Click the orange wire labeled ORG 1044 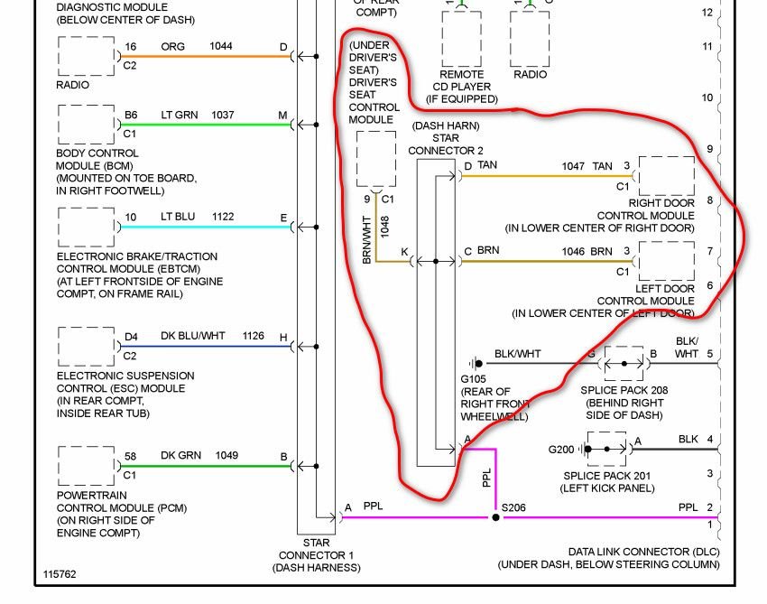(x=206, y=56)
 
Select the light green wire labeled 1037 (x=206, y=125)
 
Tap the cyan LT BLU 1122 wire (x=206, y=228)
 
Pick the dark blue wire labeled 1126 (x=206, y=347)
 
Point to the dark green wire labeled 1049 (x=206, y=466)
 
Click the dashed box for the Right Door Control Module (x=666, y=157)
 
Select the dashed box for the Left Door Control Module (x=666, y=242)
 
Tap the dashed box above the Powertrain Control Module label (x=86, y=447)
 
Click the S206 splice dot (x=495, y=517)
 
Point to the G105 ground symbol (x=476, y=363)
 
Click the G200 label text (x=560, y=450)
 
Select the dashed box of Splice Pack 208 (x=624, y=347)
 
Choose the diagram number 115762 (x=60, y=574)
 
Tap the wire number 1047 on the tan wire (x=573, y=166)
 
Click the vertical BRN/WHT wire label (x=367, y=240)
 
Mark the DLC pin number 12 (x=707, y=13)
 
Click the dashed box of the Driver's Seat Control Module (x=376, y=132)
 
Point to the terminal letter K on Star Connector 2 (x=404, y=252)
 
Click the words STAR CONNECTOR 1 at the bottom (x=316, y=549)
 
